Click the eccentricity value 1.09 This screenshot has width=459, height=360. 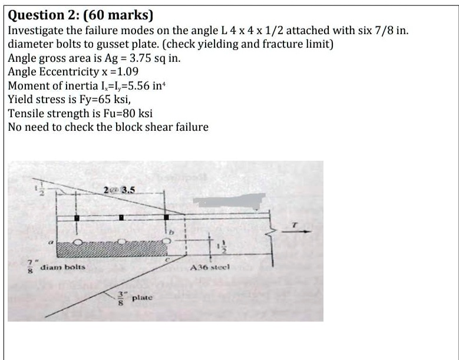(126, 72)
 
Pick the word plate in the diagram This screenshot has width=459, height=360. (143, 299)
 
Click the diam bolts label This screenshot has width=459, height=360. (62, 267)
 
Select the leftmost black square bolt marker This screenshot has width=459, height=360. (77, 218)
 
